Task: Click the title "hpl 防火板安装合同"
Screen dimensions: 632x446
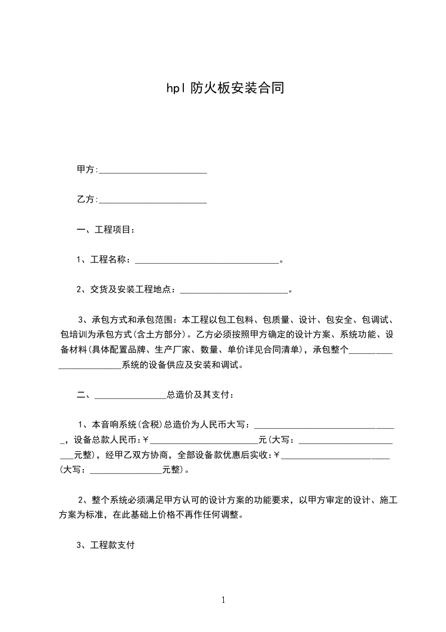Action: [x=223, y=88]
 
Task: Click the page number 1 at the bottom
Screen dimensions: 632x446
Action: [x=223, y=600]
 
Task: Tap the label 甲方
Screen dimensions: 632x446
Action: [x=85, y=169]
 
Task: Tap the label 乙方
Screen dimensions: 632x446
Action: [x=85, y=199]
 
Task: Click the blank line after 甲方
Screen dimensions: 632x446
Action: [x=153, y=170]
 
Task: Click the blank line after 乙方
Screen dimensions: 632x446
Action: [x=153, y=201]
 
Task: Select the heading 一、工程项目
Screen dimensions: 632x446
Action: [x=105, y=230]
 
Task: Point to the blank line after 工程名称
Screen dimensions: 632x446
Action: [x=207, y=261]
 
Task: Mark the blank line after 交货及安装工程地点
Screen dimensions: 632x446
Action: [x=233, y=291]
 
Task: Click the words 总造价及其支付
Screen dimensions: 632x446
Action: [x=198, y=395]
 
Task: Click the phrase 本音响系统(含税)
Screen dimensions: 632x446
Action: [x=119, y=424]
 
